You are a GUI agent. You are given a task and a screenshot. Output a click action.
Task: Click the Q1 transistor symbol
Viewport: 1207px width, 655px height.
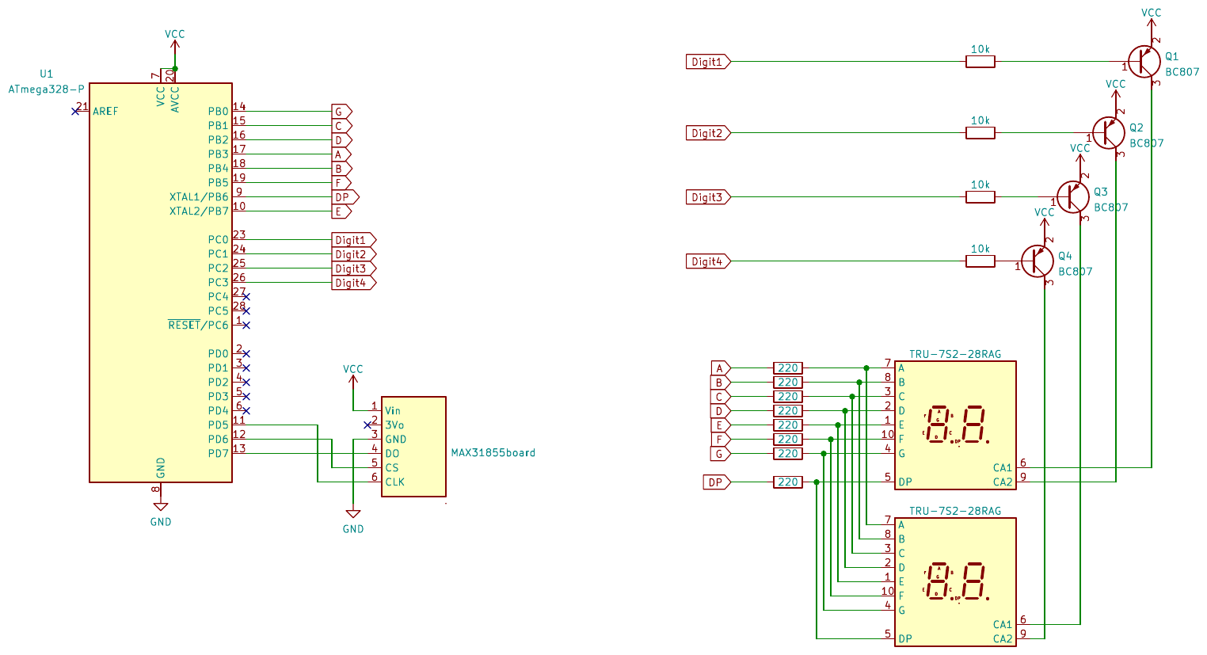tap(1144, 62)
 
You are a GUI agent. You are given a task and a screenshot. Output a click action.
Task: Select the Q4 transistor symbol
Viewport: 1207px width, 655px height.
tap(1037, 261)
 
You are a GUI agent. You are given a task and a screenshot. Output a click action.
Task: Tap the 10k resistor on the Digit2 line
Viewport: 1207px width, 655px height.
tap(980, 133)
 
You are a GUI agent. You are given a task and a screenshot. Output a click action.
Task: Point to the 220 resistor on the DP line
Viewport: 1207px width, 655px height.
tap(787, 482)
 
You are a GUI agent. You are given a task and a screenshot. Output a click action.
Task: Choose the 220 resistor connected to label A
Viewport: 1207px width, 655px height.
tap(787, 368)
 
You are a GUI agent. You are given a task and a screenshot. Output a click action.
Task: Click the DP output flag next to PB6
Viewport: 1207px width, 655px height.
tap(345, 197)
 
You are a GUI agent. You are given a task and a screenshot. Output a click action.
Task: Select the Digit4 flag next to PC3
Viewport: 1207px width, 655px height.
tap(352, 283)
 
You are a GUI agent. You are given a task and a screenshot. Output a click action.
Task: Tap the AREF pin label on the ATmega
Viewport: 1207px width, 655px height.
tap(105, 112)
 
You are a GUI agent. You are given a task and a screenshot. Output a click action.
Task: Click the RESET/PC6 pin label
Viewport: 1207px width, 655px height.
tap(198, 326)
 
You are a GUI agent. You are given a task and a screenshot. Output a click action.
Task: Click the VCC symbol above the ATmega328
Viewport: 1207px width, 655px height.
tap(174, 35)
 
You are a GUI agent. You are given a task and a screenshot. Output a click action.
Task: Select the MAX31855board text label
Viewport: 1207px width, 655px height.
tap(493, 453)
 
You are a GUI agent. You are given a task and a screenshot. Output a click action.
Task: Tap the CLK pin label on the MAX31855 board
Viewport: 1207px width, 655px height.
tap(394, 482)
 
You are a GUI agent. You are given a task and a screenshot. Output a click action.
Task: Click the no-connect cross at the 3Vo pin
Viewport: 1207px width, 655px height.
tap(367, 425)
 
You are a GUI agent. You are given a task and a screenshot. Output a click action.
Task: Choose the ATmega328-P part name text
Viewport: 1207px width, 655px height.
tap(46, 89)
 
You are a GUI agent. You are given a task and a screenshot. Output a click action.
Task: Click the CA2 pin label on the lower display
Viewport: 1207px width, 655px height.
tap(1002, 638)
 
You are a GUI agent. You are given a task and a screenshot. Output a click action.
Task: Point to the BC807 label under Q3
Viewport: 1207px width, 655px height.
tap(1110, 208)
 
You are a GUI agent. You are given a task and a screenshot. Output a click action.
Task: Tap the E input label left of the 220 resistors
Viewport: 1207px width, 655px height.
tap(720, 425)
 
